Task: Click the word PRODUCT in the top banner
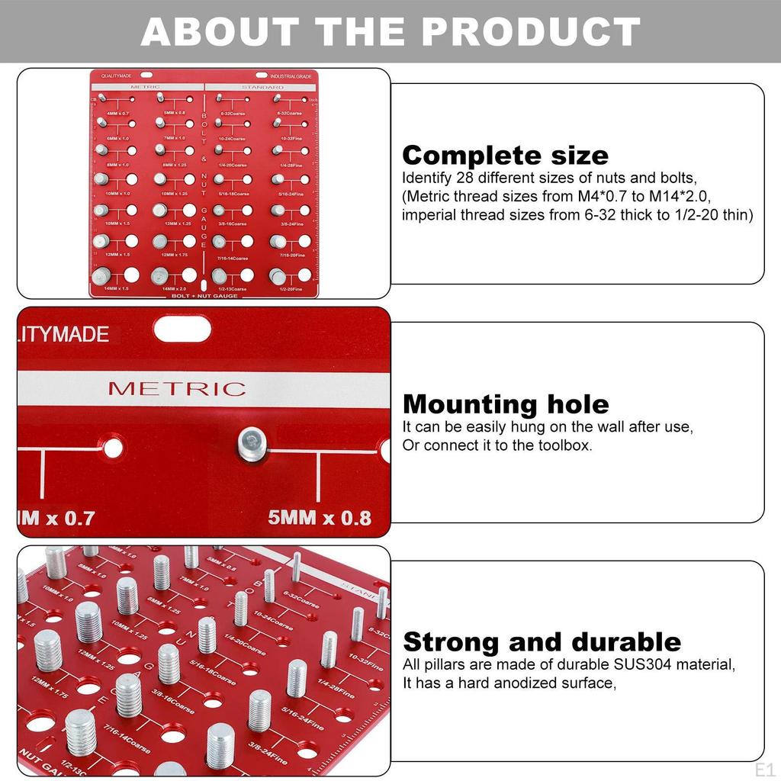tap(529, 31)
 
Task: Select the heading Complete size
tap(505, 156)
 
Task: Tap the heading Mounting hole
tap(506, 403)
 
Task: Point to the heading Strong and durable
tap(542, 641)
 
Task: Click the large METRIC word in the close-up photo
tap(177, 388)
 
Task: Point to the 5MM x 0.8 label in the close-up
tap(320, 518)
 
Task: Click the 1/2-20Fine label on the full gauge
tap(290, 290)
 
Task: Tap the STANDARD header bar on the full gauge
tap(262, 88)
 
